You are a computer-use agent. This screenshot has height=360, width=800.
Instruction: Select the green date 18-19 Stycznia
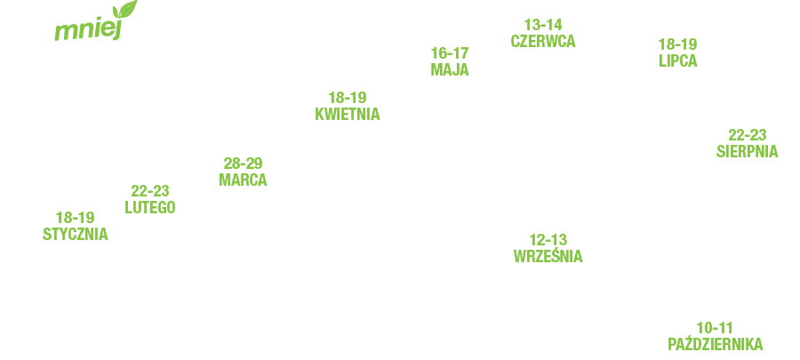tap(76, 226)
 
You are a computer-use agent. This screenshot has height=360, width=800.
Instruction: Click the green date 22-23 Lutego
tap(150, 199)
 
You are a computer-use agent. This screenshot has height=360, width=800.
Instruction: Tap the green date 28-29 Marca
tap(244, 172)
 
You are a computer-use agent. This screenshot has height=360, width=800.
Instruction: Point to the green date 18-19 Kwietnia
tap(348, 106)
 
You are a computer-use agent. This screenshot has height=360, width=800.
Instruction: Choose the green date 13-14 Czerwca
tap(544, 33)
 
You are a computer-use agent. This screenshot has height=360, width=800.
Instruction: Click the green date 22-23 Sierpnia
tap(748, 143)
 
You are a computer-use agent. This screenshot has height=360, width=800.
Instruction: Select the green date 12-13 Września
tap(548, 248)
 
